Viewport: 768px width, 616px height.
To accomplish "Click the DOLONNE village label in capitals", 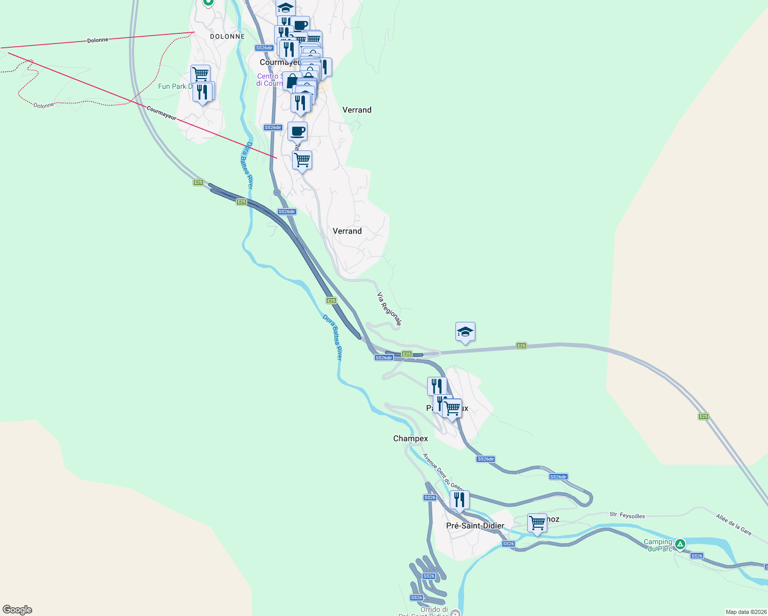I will [x=227, y=36].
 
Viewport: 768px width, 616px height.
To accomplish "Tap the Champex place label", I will [x=410, y=438].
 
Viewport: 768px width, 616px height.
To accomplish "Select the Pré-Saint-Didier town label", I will [x=475, y=526].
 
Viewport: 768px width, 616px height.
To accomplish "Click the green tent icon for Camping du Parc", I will [x=680, y=544].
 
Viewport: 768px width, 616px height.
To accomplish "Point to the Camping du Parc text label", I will [x=658, y=545].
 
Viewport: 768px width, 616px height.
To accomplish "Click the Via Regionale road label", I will [x=389, y=309].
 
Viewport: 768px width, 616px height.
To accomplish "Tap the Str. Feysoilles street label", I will [x=627, y=515].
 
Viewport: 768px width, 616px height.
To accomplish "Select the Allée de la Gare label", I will [x=734, y=525].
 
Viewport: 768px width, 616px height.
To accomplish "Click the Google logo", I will [x=17, y=610].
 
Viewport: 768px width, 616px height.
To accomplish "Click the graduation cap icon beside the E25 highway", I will [x=465, y=332].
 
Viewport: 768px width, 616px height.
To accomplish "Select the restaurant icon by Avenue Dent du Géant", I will [x=459, y=499].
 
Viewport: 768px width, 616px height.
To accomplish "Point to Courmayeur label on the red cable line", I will [x=161, y=113].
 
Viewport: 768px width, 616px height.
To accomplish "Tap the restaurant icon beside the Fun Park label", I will [x=202, y=92].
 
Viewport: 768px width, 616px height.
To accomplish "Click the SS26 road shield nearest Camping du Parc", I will [x=697, y=556].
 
